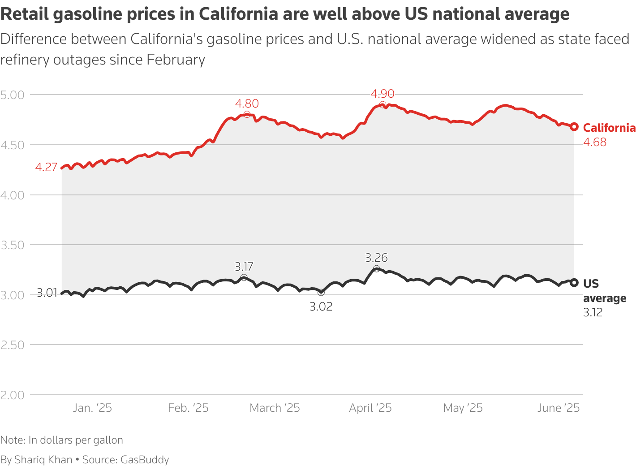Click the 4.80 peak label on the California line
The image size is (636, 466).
pos(247,104)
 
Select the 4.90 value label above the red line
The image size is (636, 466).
pos(382,94)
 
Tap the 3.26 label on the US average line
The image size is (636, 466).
pos(376,258)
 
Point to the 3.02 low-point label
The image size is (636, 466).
pos(321,307)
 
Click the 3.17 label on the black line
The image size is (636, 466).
pos(244,267)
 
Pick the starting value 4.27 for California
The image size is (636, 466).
pos(46,168)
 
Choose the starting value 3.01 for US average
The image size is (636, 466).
pos(47,293)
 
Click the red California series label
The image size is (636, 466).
pos(609,128)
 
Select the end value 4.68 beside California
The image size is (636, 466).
pos(595,142)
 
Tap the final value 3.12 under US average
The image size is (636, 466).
pos(593,313)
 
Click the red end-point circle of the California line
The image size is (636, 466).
pos(574,127)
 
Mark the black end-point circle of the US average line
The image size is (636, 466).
pos(574,283)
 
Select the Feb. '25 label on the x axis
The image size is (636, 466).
pos(188,408)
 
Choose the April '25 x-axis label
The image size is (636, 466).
pos(370,408)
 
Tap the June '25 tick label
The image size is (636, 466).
pos(559,408)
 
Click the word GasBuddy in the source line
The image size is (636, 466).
pos(145,460)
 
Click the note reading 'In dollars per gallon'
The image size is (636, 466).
pos(76,440)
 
